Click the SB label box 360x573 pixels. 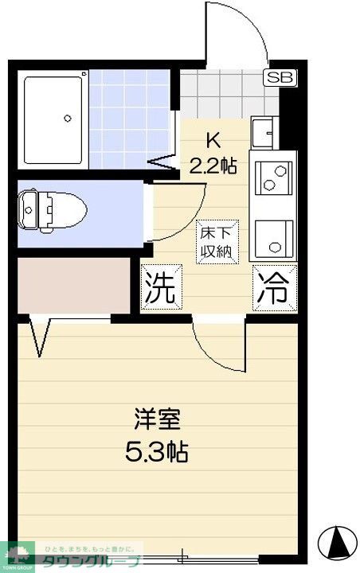(279, 77)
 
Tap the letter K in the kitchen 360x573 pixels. (213, 141)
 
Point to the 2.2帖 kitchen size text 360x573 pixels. (213, 166)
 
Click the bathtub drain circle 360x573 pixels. (67, 117)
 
